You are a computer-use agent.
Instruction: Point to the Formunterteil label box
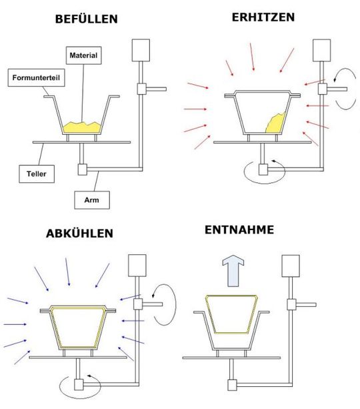click(35, 77)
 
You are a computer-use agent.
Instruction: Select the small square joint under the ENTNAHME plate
click(233, 384)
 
